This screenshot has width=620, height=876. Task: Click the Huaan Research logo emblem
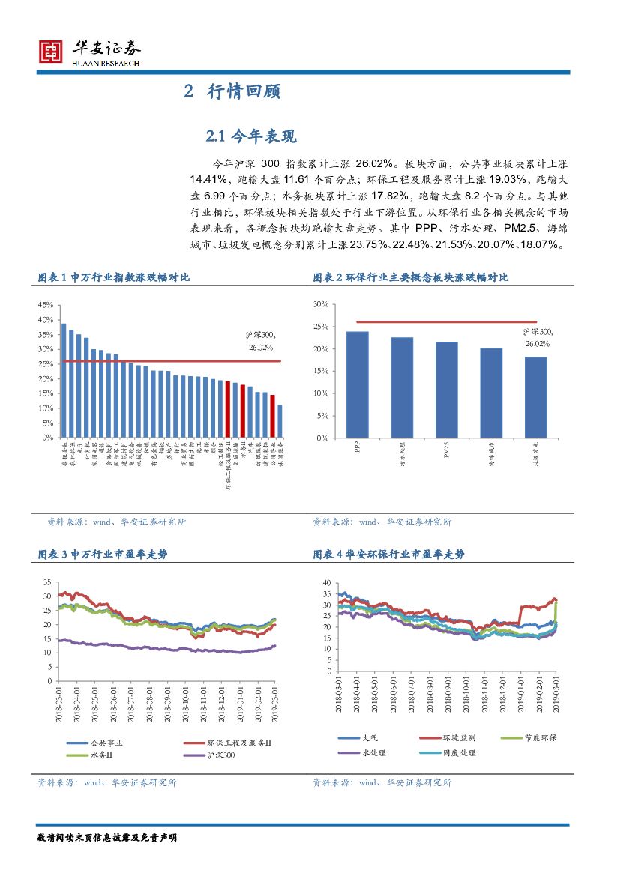pos(51,50)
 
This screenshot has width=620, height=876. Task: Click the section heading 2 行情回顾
pos(232,92)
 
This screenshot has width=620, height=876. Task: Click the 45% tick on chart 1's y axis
pos(45,305)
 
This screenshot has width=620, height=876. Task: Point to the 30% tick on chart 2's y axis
pos(321,304)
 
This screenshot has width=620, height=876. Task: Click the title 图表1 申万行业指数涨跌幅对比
pos(114,277)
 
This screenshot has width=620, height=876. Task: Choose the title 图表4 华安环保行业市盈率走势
pos(388,554)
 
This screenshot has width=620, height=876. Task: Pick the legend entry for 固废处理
pos(459,752)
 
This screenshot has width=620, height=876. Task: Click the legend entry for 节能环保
pos(541,738)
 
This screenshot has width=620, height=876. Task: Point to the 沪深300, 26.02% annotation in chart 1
pos(261,341)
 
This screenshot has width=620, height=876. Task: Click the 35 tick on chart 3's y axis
pos(46,582)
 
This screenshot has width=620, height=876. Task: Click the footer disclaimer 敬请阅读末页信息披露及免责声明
pos(106,836)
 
